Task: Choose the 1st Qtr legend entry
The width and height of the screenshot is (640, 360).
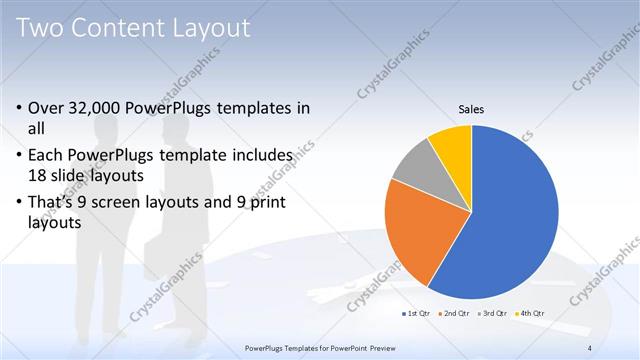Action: coord(417,314)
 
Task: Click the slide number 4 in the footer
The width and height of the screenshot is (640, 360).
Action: coord(590,347)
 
